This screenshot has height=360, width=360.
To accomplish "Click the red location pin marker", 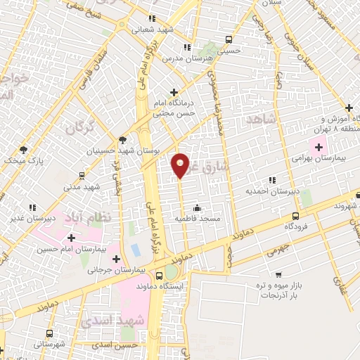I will [x=181, y=165].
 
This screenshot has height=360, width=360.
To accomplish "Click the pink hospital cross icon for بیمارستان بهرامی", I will [x=319, y=148].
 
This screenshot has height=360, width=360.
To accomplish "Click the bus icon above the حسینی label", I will [x=227, y=39].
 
